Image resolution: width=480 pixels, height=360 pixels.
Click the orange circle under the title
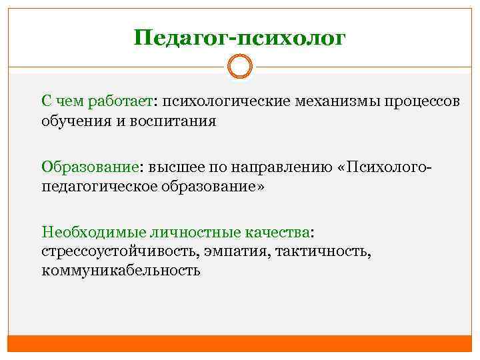click(240, 67)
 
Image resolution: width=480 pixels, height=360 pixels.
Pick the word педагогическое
click(99, 186)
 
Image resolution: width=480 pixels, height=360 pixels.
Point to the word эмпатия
click(231, 251)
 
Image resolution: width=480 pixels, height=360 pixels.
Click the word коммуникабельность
click(120, 271)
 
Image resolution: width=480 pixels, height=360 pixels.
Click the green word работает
click(119, 101)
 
